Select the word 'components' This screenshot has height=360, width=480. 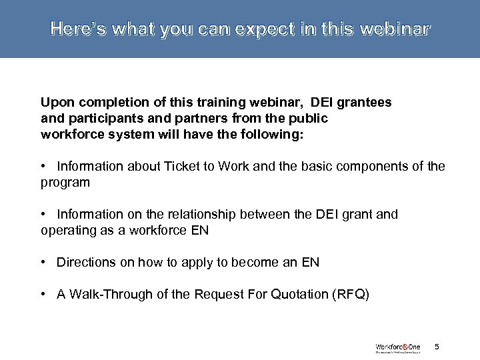pos(374,167)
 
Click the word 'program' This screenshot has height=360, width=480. pos(65,181)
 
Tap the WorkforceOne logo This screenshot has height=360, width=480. pos(397,347)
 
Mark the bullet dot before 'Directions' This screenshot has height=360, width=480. pos(43,263)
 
